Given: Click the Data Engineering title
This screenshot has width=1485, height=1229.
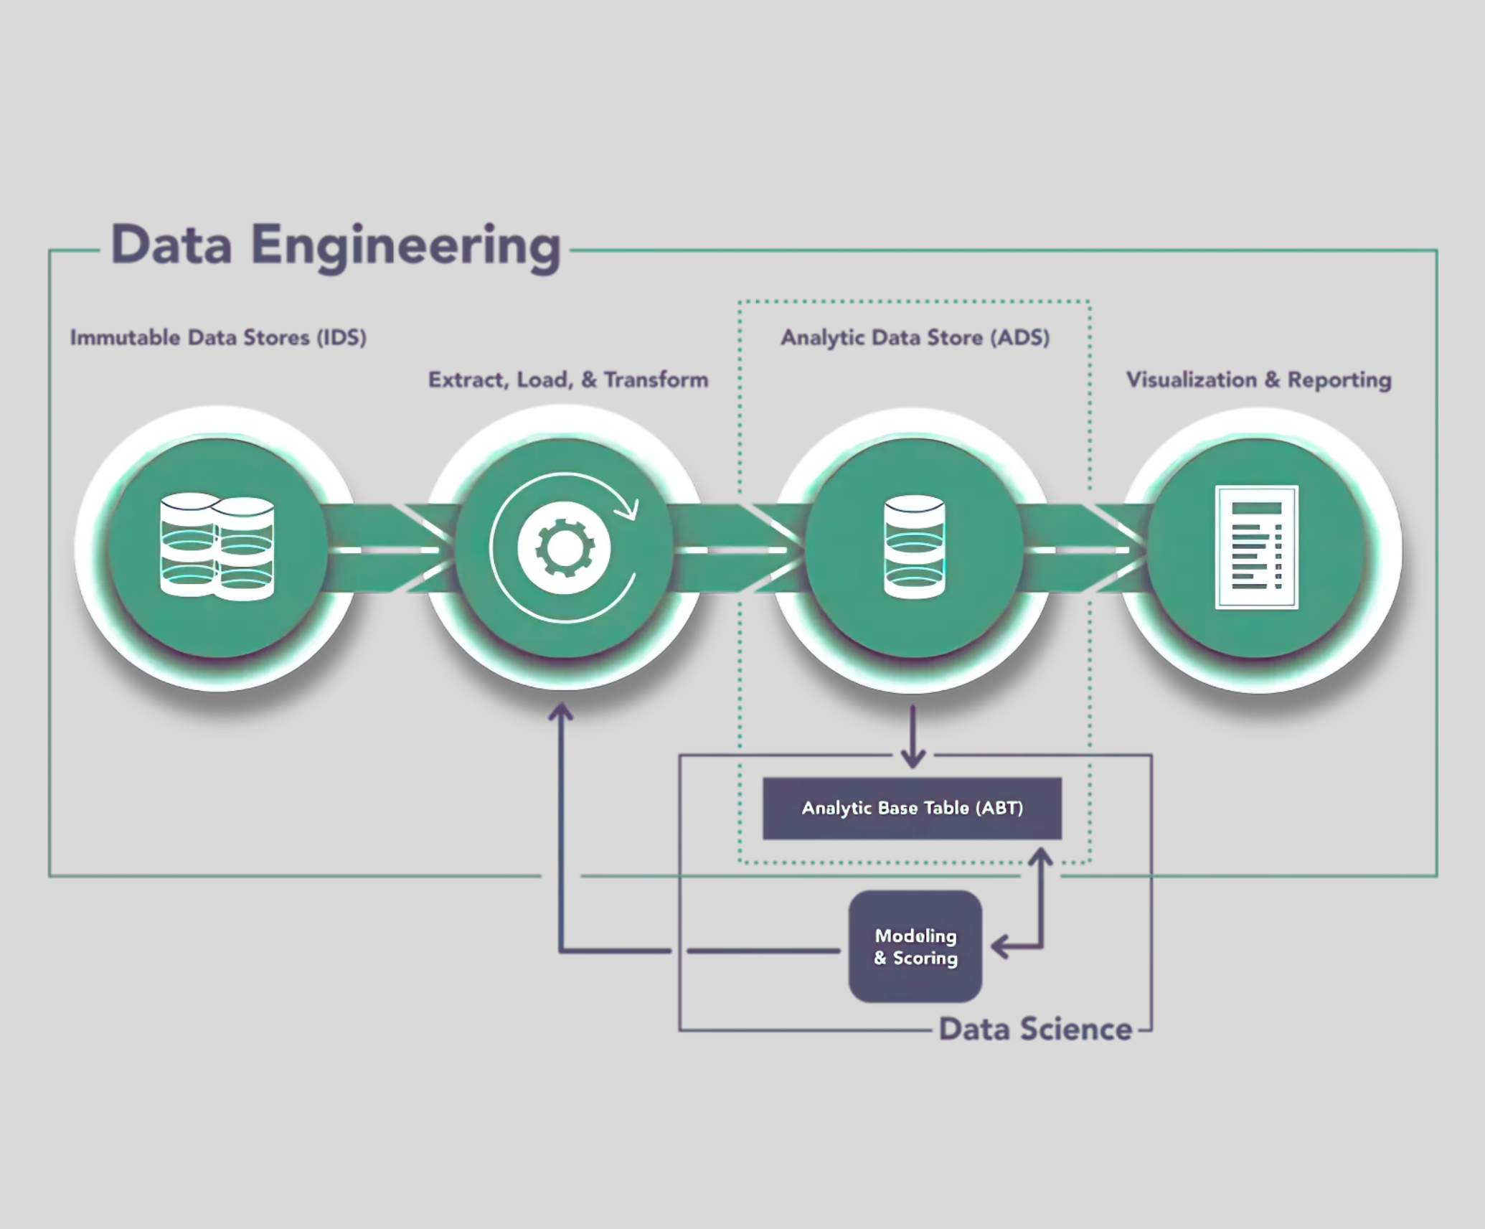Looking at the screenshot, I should (335, 245).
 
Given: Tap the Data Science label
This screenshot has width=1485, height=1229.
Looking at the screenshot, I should (1035, 1029).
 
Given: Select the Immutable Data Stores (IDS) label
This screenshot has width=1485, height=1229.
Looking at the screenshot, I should (218, 337).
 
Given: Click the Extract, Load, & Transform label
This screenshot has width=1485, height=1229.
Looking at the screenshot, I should (567, 380).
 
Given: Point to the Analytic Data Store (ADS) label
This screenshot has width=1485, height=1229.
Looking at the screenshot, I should (915, 337).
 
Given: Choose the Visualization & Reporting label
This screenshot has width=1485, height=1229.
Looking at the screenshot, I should (1258, 380).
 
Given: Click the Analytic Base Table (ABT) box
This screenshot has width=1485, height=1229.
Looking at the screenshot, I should (912, 808).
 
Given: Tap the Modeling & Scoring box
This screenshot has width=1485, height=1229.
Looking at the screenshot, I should (915, 946).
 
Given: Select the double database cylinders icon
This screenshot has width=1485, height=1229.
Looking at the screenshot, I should (217, 547).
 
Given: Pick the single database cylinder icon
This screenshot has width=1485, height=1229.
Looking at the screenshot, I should (914, 547).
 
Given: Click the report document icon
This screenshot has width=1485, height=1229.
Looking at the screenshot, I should (1257, 547).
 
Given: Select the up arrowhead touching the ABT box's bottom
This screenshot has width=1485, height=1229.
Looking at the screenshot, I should (1041, 857).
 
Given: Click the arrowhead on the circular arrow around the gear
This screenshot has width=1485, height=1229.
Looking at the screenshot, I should (629, 509).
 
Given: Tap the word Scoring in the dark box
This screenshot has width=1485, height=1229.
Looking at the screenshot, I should (925, 958).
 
